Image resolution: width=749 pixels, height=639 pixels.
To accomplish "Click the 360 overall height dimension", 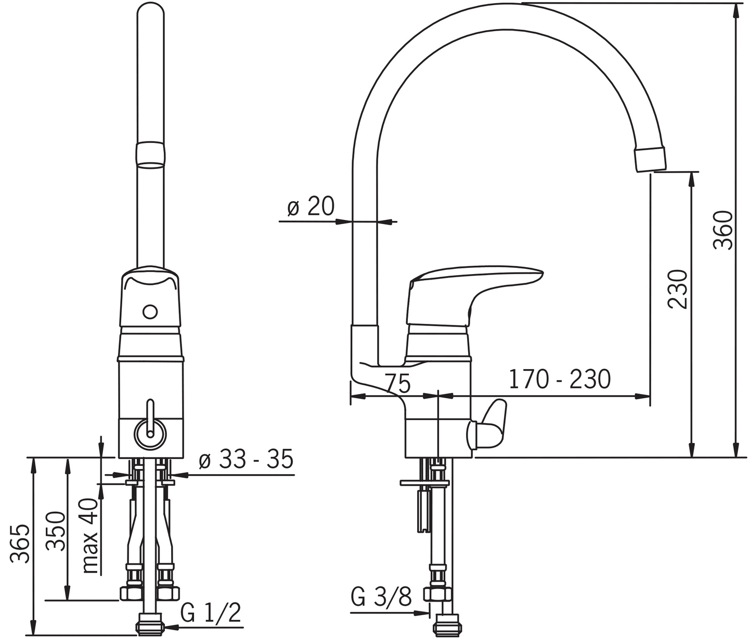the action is pos(722,230).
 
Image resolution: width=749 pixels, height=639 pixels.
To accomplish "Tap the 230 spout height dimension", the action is pos(677,289).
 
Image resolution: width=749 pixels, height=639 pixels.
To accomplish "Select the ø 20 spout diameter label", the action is pos(311,206).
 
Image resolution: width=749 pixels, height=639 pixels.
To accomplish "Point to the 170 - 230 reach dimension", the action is pos(560,379).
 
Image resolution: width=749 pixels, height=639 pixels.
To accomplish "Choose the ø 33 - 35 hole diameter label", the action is pos(246,460).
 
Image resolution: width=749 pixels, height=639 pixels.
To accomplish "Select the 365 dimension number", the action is pos(19,543).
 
